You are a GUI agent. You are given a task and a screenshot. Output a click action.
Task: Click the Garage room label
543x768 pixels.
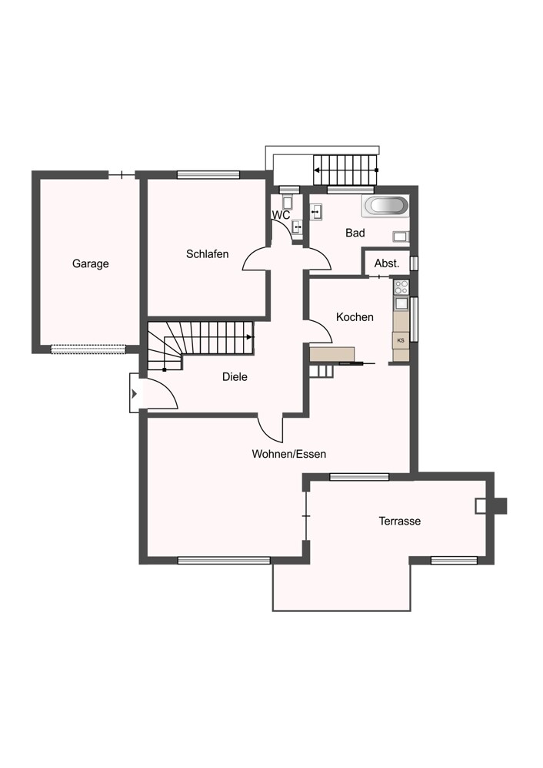[91, 263]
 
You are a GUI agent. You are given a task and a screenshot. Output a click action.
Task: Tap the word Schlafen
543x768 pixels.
[207, 253]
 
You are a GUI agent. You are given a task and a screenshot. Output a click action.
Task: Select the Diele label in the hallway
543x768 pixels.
[235, 377]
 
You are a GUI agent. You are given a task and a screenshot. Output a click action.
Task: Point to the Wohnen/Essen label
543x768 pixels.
[289, 454]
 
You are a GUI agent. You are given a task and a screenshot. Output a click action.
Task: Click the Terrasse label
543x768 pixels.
[399, 521]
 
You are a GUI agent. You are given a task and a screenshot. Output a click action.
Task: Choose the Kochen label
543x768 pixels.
[355, 316]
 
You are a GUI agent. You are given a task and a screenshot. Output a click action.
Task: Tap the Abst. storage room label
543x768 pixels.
[386, 263]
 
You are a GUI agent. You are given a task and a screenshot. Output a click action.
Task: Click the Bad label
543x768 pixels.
[355, 233]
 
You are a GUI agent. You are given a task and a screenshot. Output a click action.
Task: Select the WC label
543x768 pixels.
[281, 215]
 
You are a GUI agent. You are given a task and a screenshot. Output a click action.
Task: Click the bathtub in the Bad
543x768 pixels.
[385, 206]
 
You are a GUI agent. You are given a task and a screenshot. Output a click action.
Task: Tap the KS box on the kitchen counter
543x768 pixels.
[401, 339]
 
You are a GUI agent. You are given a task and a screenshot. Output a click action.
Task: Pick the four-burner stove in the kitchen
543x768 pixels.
[401, 287]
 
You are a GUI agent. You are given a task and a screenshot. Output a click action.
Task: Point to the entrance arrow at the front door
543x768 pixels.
[134, 394]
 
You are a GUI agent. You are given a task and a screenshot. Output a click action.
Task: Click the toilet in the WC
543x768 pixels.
[288, 203]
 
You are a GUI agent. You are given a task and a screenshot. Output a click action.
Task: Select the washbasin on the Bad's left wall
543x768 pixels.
[315, 210]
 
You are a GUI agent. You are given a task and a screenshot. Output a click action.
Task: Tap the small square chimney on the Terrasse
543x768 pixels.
[481, 505]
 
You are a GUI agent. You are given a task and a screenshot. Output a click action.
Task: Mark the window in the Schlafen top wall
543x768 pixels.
[208, 174]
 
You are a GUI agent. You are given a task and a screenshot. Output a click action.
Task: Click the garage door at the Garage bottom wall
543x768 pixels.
[88, 349]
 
